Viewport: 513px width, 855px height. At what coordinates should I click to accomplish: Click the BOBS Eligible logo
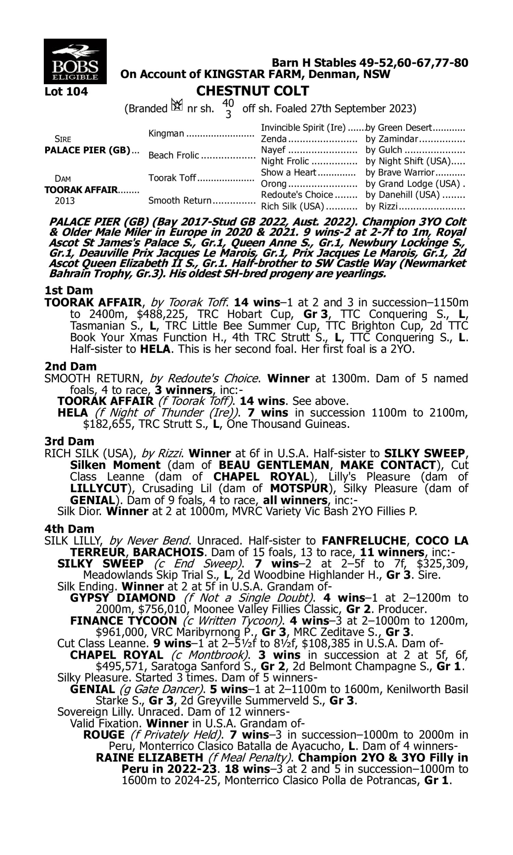75,61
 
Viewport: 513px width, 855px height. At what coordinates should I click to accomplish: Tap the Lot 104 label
66,92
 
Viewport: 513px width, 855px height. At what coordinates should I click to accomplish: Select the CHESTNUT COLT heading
252,91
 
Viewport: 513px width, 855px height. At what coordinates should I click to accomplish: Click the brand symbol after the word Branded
177,105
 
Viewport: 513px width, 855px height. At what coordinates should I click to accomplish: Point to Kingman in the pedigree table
166,133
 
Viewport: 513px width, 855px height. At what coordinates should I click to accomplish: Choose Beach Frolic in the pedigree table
173,156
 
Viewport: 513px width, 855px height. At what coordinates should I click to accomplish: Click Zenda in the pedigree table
274,139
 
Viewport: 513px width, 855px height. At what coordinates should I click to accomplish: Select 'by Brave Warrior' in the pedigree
400,172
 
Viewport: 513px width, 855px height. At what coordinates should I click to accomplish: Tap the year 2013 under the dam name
64,201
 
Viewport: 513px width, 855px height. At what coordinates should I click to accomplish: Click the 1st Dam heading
68,290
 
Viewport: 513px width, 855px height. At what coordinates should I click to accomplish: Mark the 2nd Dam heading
70,366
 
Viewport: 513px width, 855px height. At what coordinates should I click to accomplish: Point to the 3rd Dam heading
69,441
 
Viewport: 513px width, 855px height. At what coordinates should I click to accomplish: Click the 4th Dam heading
69,529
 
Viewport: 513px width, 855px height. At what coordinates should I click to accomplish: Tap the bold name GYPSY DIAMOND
123,598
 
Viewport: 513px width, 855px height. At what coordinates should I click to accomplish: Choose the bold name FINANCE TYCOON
123,621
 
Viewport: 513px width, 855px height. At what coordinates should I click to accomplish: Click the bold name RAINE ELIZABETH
149,758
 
